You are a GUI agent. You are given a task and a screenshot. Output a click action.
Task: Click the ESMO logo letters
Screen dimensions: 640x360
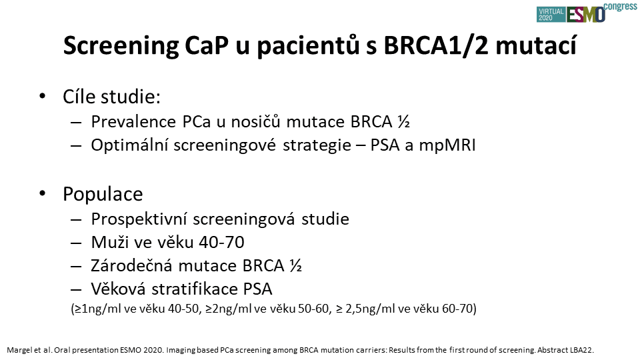[586, 15]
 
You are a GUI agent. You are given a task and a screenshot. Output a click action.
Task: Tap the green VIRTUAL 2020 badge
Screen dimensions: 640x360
[551, 14]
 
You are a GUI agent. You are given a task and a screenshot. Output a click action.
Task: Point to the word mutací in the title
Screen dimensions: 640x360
[536, 45]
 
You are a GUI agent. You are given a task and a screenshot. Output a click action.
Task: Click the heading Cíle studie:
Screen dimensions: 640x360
[111, 97]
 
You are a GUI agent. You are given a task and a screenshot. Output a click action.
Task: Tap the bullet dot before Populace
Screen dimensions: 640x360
[43, 193]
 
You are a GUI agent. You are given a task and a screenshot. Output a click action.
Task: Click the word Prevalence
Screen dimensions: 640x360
[133, 121]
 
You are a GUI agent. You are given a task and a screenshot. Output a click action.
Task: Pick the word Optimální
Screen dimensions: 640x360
[129, 145]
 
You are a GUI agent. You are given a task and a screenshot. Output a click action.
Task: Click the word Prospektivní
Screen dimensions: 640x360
[139, 219]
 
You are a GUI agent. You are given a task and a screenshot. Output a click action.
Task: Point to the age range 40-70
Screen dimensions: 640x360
[221, 243]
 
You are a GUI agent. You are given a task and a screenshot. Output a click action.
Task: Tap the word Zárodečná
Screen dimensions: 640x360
[131, 265]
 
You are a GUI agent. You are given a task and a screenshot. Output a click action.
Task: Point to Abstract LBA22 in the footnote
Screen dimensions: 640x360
[565, 350]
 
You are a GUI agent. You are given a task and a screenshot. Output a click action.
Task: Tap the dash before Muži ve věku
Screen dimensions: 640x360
[76, 243]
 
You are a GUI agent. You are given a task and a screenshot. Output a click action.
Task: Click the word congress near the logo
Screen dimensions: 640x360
[621, 7]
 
